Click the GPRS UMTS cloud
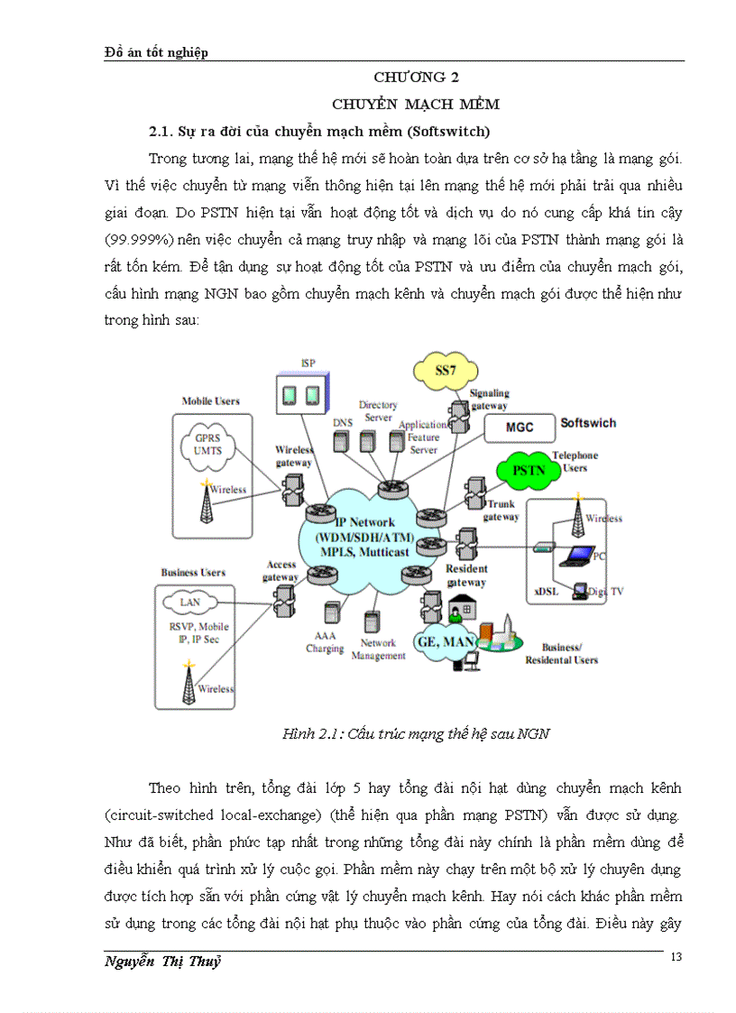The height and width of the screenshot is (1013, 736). (x=214, y=445)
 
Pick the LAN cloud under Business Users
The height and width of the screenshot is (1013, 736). (x=190, y=602)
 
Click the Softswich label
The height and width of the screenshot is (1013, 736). (x=589, y=422)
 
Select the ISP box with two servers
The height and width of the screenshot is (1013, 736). (x=299, y=395)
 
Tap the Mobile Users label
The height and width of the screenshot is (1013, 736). (x=210, y=401)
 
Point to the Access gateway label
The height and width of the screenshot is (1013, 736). (x=280, y=570)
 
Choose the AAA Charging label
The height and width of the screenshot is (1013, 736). (x=324, y=641)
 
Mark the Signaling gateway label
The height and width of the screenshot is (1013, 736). (x=489, y=399)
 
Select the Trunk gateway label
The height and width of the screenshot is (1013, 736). (x=501, y=511)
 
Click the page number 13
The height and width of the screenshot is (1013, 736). (x=677, y=957)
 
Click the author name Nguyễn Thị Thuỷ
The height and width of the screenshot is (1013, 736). (x=162, y=962)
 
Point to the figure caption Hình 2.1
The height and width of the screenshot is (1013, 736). (x=416, y=733)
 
